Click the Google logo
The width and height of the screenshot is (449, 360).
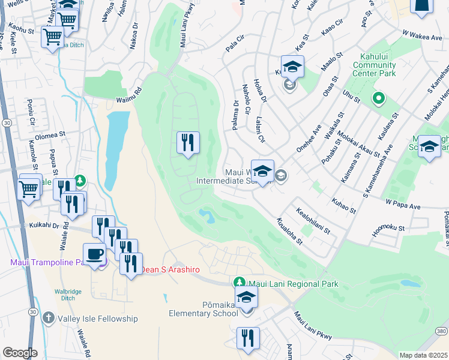20,353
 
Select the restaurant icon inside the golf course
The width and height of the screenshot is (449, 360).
188,143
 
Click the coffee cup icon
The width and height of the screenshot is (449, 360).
94,254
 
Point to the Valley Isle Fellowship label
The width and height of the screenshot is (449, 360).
97,319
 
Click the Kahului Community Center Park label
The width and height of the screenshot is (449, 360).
378,65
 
